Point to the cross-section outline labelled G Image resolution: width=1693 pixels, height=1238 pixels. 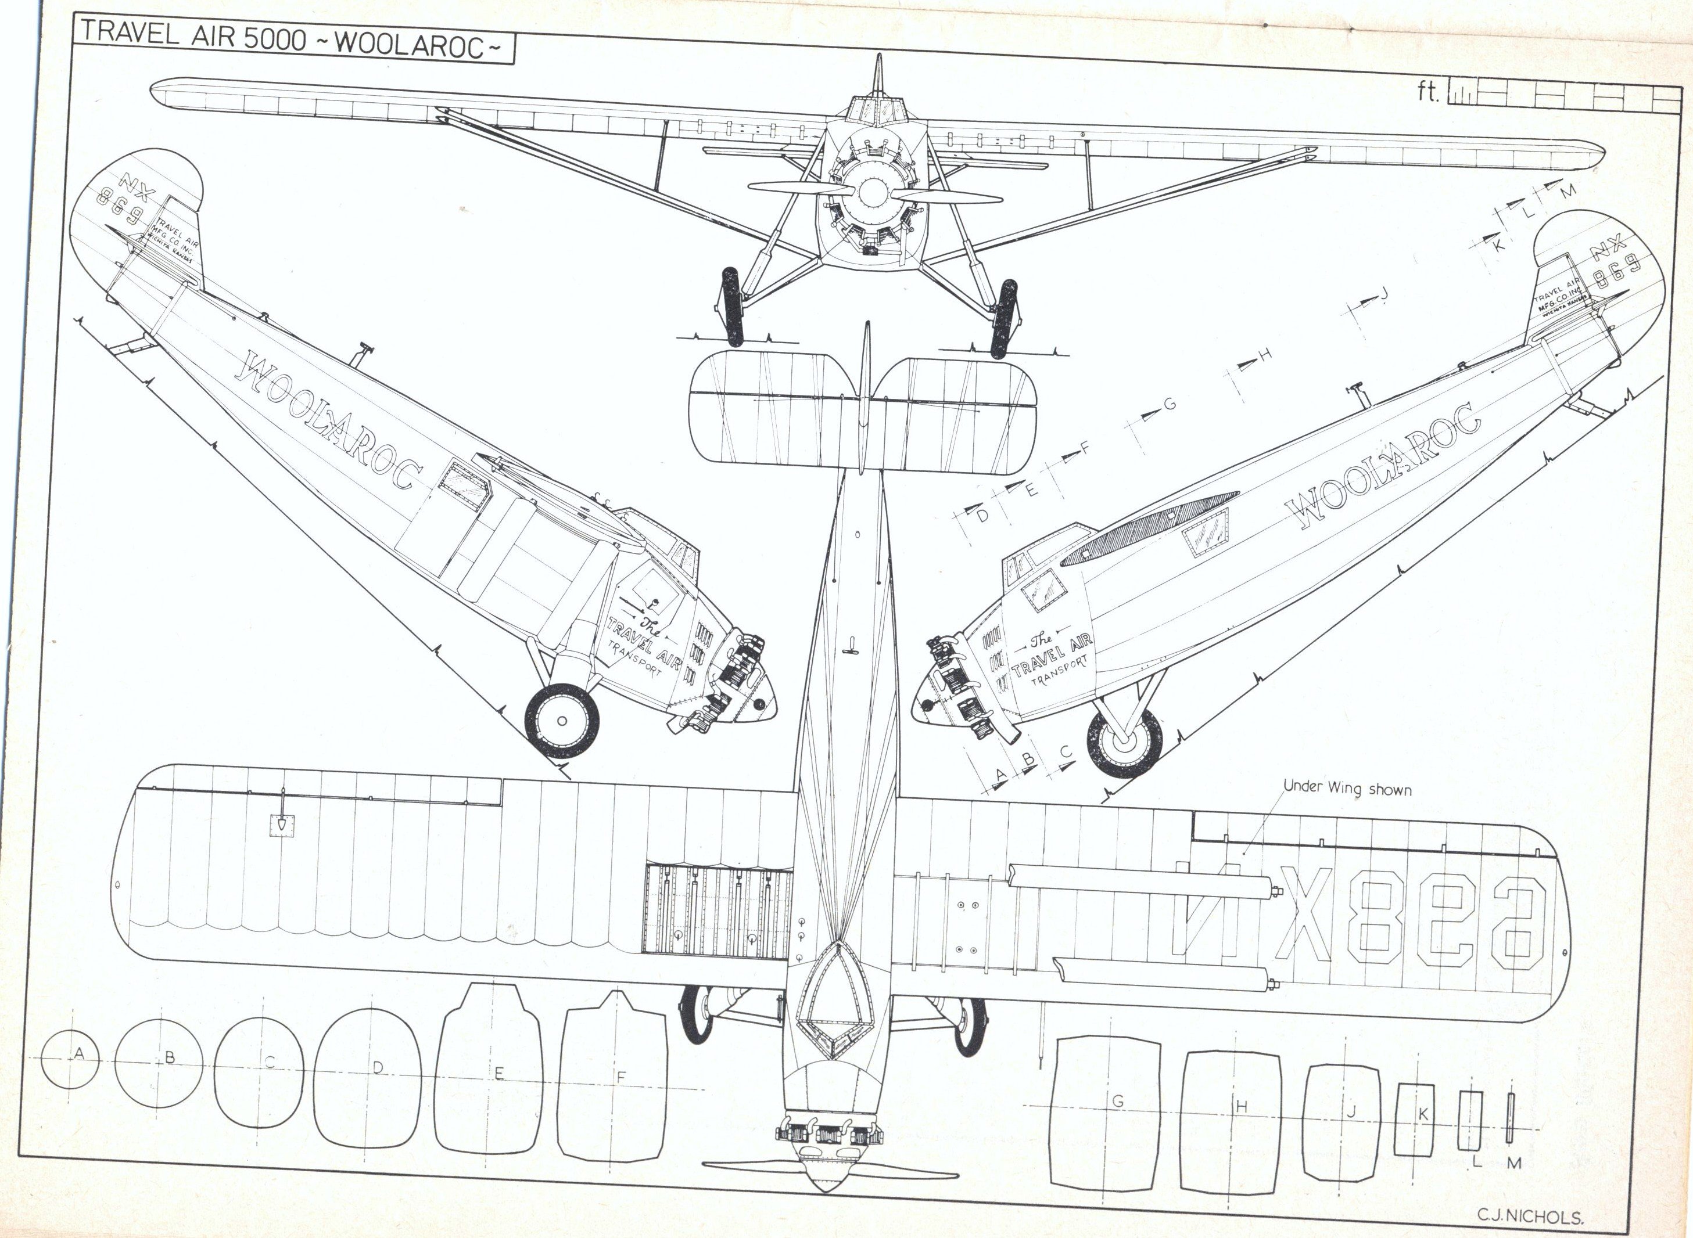click(x=1107, y=1112)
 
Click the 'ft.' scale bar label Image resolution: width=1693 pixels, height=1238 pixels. click(x=1425, y=113)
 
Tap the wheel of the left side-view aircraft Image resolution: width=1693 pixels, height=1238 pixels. click(x=562, y=719)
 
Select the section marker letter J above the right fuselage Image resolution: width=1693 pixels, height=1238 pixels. click(x=1384, y=294)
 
